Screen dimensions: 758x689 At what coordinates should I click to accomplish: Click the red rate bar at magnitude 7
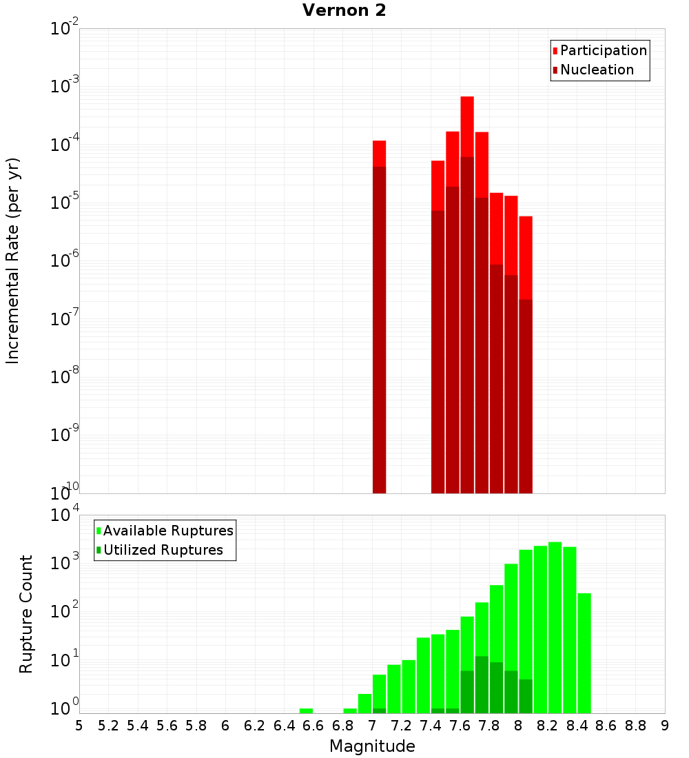coord(379,154)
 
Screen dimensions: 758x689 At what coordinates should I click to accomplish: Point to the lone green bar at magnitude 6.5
coord(306,710)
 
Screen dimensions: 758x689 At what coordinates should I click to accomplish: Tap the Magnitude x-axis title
coord(372,746)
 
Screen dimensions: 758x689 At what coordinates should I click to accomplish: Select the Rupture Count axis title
coord(26,614)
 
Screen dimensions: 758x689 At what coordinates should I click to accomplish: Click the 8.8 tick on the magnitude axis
coord(635,726)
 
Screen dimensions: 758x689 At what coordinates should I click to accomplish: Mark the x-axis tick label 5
coord(79,726)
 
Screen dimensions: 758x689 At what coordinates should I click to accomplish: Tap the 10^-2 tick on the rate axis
coord(65,29)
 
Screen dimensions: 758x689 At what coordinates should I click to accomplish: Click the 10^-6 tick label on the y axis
coord(65,261)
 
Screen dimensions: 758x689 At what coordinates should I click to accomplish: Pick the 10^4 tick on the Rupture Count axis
coord(65,515)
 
